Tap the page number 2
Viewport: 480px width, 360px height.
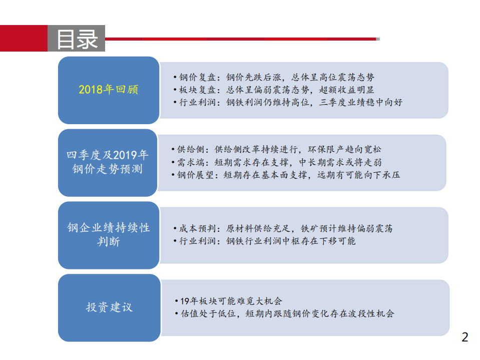point(465,337)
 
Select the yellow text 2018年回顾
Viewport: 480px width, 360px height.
point(108,90)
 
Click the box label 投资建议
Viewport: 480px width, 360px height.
point(109,307)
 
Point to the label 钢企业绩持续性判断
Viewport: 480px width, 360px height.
point(109,234)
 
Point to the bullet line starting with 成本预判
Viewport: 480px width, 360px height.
point(282,228)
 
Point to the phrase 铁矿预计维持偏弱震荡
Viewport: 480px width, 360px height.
point(346,228)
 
